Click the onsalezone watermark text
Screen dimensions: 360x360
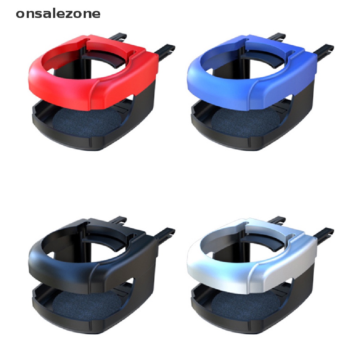click(58, 14)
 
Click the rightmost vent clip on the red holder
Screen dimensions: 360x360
click(165, 51)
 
